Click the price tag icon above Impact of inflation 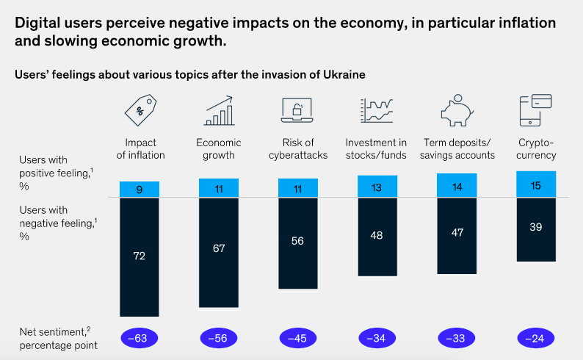[x=140, y=111]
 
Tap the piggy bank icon [x=457, y=111]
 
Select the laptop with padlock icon [x=297, y=111]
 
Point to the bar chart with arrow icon [x=219, y=111]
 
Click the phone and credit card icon [x=535, y=111]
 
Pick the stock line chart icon [x=377, y=111]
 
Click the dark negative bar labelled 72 [x=140, y=256]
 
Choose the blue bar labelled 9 [x=140, y=189]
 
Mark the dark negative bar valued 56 [x=297, y=242]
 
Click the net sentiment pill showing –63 [x=140, y=339]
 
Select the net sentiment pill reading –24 [x=535, y=339]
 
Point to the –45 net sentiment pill [x=297, y=339]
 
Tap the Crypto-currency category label [x=535, y=149]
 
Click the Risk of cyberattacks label [x=297, y=149]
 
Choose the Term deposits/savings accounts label [x=460, y=149]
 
